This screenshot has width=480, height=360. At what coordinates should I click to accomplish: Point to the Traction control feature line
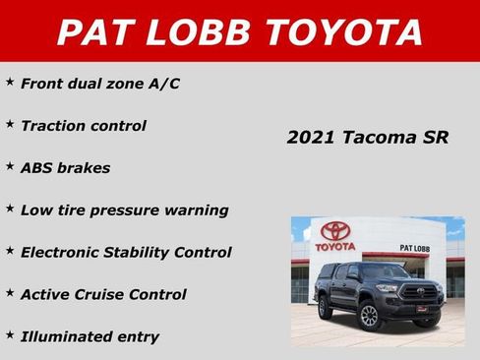tap(84, 126)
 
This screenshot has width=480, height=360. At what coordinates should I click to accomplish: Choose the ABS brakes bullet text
tap(65, 168)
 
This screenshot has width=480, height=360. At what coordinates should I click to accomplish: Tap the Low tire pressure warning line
tap(124, 210)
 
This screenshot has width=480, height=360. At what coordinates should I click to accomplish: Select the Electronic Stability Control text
tap(126, 253)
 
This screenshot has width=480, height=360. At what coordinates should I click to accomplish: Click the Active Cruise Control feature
tap(103, 294)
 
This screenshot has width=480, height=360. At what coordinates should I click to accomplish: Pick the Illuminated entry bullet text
tap(90, 336)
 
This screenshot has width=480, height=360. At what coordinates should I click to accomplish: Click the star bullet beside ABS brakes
tap(10, 165)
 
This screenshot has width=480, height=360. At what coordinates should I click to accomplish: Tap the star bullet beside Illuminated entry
tap(10, 333)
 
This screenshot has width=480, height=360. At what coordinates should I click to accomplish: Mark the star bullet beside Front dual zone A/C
tap(10, 81)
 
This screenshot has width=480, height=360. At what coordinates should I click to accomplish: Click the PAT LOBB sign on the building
tap(415, 248)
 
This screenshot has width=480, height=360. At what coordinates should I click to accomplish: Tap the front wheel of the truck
tap(370, 315)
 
